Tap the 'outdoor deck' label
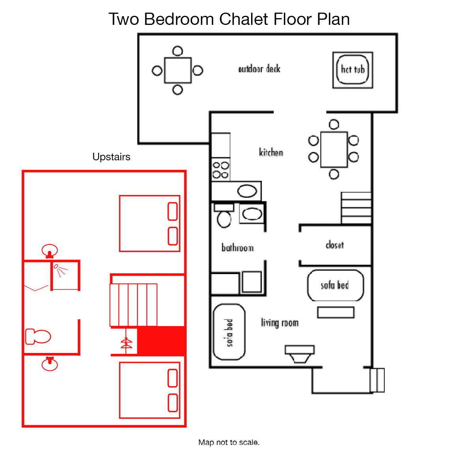[x=259, y=69]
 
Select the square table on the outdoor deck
[x=178, y=70]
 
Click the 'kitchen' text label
[x=271, y=152]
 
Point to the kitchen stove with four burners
[x=221, y=170]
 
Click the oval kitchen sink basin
[x=247, y=191]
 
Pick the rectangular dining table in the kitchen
[x=334, y=150]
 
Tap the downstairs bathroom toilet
[x=224, y=216]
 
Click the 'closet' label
[x=335, y=245]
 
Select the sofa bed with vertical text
[x=229, y=332]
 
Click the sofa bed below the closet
[x=336, y=285]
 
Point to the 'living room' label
[x=280, y=323]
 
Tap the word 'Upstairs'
[x=111, y=157]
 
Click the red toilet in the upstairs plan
[x=38, y=336]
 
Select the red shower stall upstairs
[x=66, y=276]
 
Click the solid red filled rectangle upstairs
[x=161, y=341]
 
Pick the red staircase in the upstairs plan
[x=133, y=305]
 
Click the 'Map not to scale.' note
[x=229, y=442]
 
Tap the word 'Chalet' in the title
[x=244, y=19]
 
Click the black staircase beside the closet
[x=356, y=208]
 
